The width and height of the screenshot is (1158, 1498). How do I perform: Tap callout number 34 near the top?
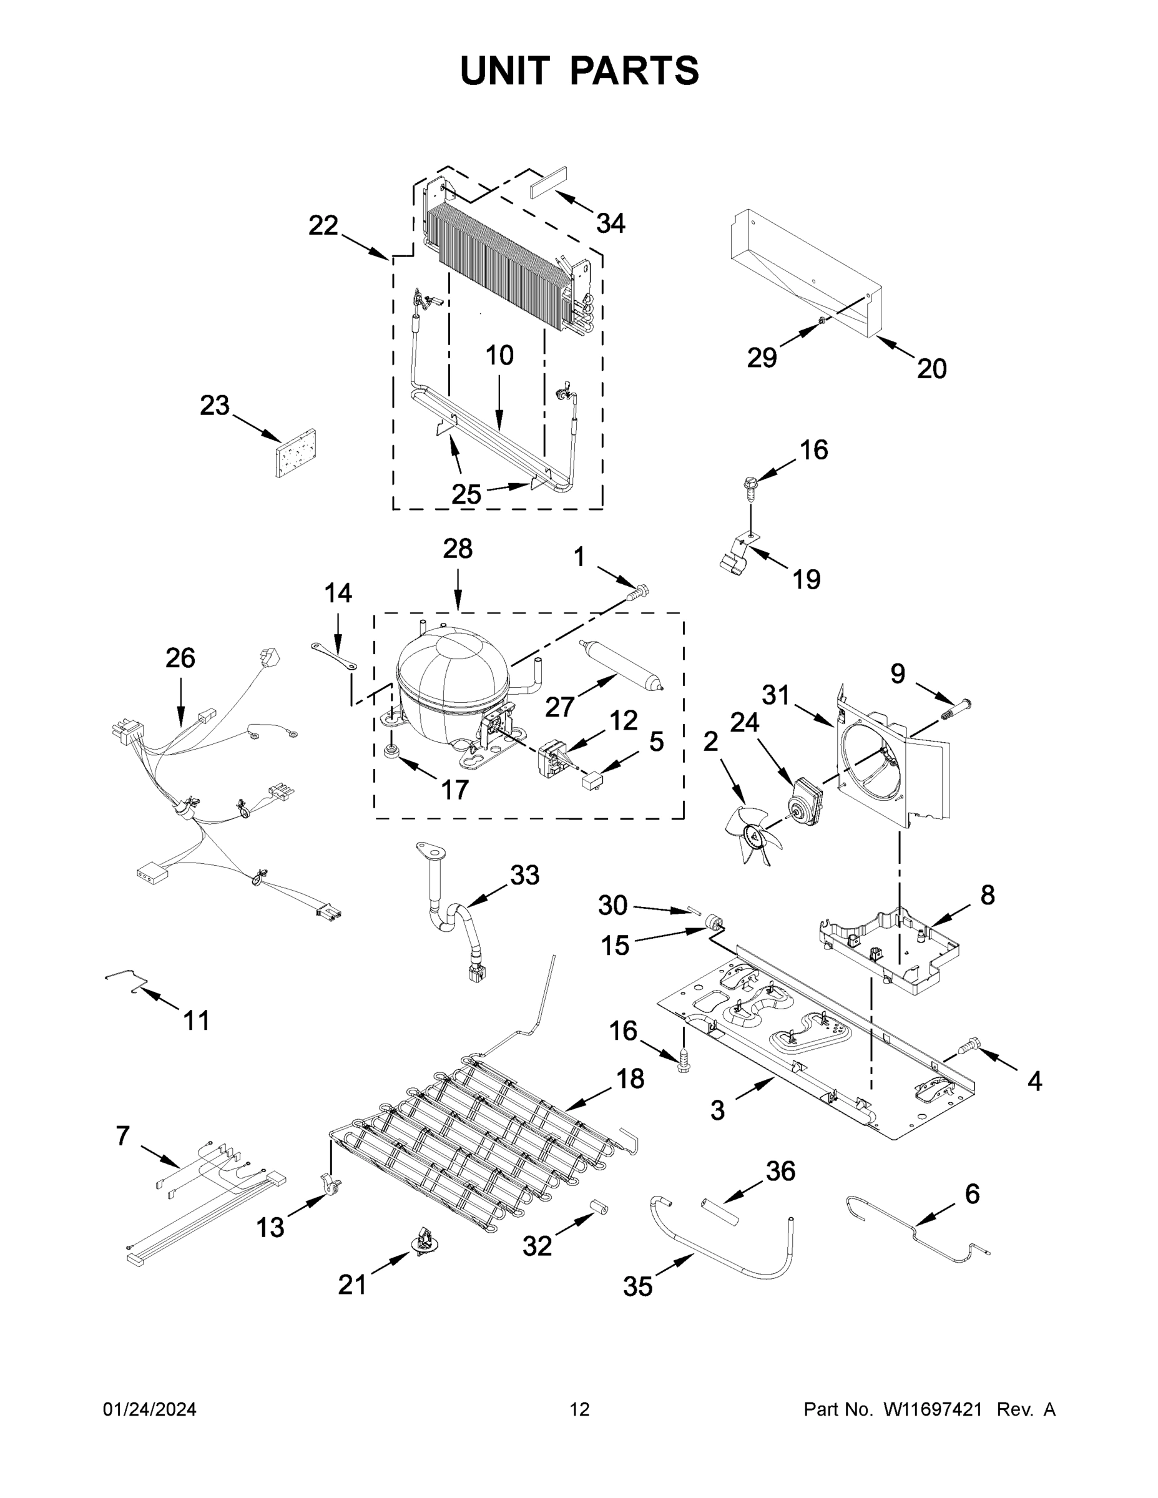point(610,223)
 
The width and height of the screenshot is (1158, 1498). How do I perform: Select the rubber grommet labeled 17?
point(393,751)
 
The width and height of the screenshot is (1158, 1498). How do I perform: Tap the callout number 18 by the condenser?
point(630,1079)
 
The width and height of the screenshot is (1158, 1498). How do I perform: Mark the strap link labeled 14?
point(334,655)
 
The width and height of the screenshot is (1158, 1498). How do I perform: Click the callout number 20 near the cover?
point(931,369)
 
